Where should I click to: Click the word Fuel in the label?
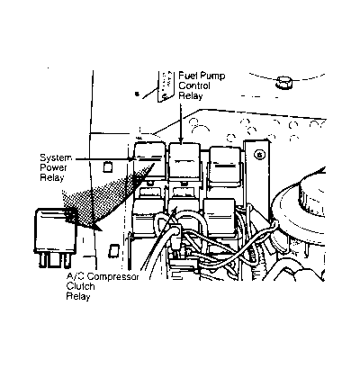[x=187, y=75]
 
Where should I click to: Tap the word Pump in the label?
[x=212, y=76]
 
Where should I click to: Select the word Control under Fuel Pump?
[x=194, y=85]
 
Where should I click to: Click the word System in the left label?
[x=56, y=157]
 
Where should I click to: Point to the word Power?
[x=53, y=167]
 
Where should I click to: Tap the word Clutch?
[x=80, y=286]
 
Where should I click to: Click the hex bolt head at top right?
[x=283, y=82]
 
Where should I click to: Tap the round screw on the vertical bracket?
[x=258, y=155]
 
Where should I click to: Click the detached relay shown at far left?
[x=56, y=238]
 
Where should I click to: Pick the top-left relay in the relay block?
[x=149, y=160]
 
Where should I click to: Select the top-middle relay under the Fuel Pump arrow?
[x=184, y=161]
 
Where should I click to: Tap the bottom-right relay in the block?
[x=219, y=217]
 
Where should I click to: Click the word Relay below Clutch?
[x=78, y=296]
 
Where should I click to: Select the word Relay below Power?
[x=52, y=177]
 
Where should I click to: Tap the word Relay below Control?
[x=191, y=95]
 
